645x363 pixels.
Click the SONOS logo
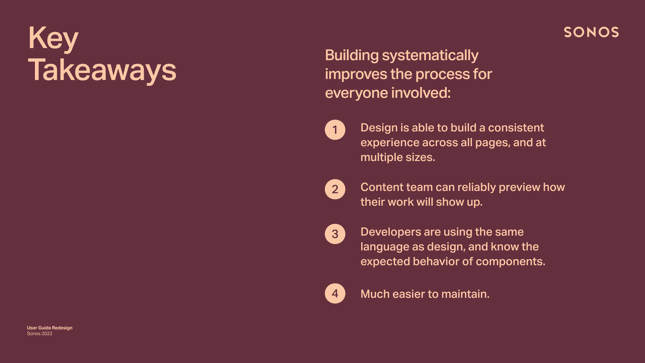tap(591, 32)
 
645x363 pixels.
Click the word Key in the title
tap(53, 39)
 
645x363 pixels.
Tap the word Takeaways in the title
tap(102, 70)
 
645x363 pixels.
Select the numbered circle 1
tap(335, 130)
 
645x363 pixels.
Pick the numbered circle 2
tap(335, 189)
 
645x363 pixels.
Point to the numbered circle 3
tap(335, 234)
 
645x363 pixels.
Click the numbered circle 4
tap(335, 293)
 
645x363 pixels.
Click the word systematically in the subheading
tap(430, 56)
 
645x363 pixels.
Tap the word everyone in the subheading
tap(356, 93)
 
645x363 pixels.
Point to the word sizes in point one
tap(420, 157)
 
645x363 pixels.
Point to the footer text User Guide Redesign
tap(50, 328)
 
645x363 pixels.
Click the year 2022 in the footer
tap(47, 333)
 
